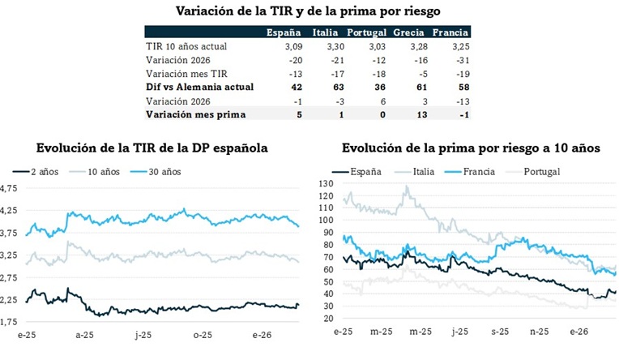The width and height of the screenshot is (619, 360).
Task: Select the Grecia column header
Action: [409, 32]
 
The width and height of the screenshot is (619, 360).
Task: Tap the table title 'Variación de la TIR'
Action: [309, 11]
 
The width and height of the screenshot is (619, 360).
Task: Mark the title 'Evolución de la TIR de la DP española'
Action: [152, 148]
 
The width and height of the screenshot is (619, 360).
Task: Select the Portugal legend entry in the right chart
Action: [540, 171]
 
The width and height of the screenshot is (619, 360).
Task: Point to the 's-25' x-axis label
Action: [500, 332]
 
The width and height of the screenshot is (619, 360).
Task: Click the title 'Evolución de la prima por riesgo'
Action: [471, 148]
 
